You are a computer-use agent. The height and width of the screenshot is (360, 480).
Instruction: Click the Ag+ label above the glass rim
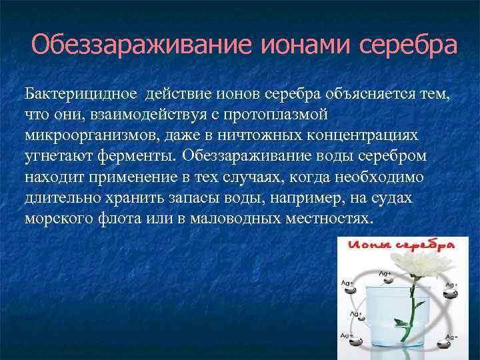(x=384, y=273)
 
